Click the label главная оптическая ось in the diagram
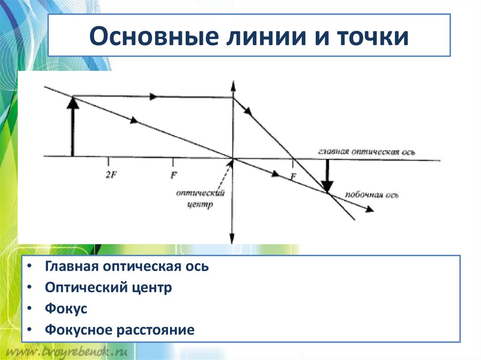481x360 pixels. (366, 152)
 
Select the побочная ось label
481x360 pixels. (372, 195)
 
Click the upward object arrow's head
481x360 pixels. (72, 103)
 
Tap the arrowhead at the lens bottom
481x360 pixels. (232, 239)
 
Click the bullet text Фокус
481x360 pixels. (66, 309)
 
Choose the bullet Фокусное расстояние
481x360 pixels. (120, 330)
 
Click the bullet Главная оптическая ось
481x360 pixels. (127, 266)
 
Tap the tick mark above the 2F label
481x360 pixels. (109, 161)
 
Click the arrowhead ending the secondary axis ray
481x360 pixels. (370, 209)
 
